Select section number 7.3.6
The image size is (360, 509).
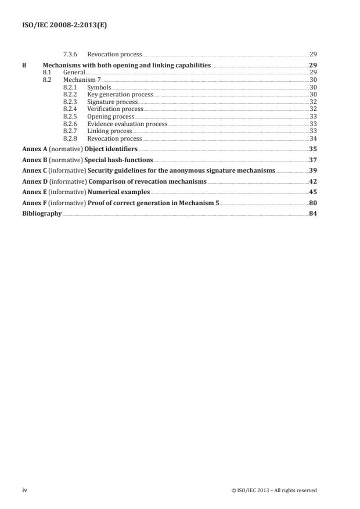[x=71, y=54]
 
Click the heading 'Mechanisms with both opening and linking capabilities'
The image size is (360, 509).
[x=127, y=66]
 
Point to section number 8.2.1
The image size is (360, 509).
[x=71, y=87]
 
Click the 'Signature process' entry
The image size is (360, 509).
[x=112, y=102]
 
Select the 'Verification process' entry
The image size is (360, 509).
[x=115, y=109]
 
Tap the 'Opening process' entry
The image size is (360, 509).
[x=110, y=116]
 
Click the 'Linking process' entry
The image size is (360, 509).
[x=110, y=131]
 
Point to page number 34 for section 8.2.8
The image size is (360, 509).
[x=313, y=138]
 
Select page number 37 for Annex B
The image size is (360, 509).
[x=313, y=160]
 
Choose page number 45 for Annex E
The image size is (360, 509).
[x=313, y=192]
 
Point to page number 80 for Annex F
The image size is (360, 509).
[x=313, y=203]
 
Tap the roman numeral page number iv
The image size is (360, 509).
[x=25, y=490]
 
